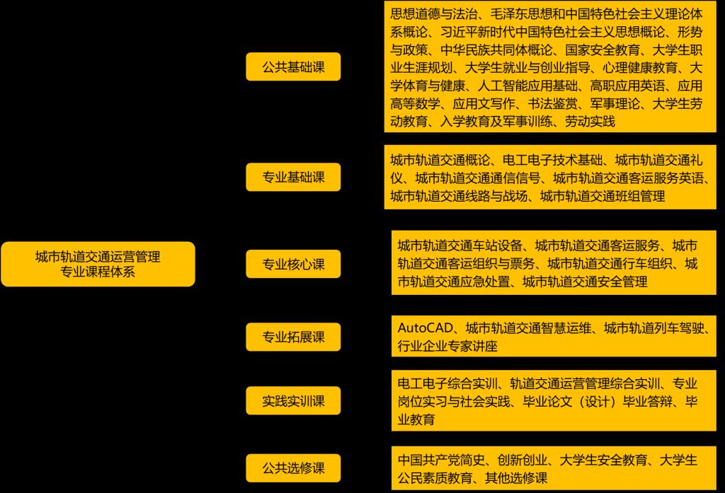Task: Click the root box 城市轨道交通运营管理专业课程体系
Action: pyautogui.click(x=98, y=264)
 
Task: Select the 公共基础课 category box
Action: pyautogui.click(x=293, y=67)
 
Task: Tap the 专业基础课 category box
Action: pyautogui.click(x=293, y=177)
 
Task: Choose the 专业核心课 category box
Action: pyautogui.click(x=293, y=265)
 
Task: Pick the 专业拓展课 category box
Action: pyautogui.click(x=293, y=337)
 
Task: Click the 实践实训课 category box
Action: pyautogui.click(x=293, y=401)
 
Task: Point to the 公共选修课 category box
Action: pyautogui.click(x=293, y=468)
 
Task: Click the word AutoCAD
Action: pyautogui.click(x=423, y=328)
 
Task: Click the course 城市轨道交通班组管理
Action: pyautogui.click(x=602, y=196)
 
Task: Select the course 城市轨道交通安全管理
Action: pyautogui.click(x=585, y=282)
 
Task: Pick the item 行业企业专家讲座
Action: pyautogui.click(x=447, y=347)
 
